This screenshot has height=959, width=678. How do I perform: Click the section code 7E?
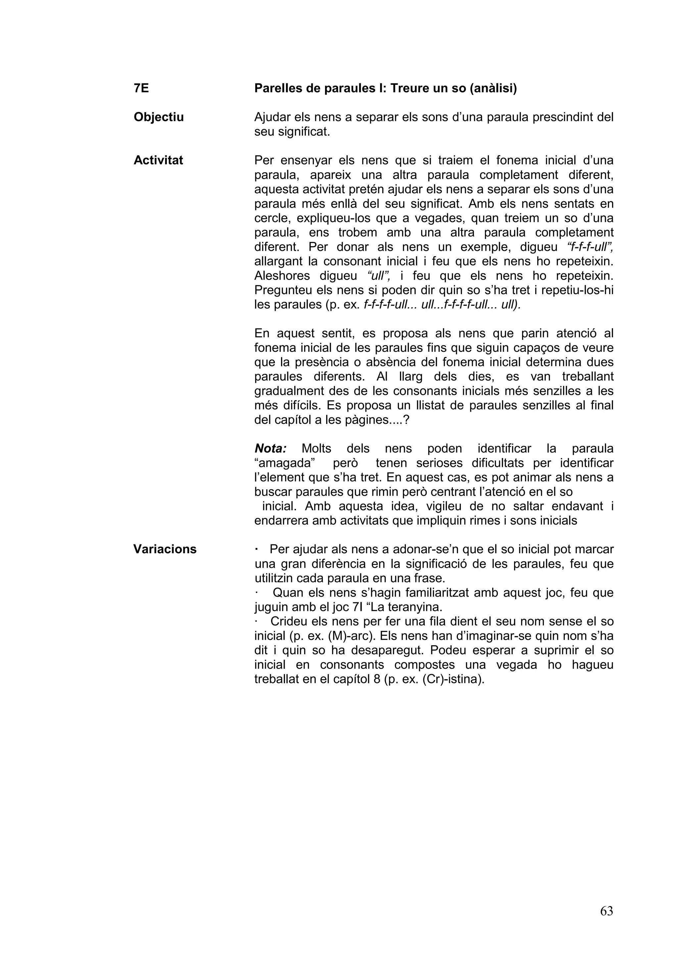coord(141,89)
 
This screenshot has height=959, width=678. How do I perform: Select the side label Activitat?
coord(158,160)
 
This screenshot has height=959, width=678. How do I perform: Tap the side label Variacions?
coord(165,549)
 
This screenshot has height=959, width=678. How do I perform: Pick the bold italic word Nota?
coord(270,449)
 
